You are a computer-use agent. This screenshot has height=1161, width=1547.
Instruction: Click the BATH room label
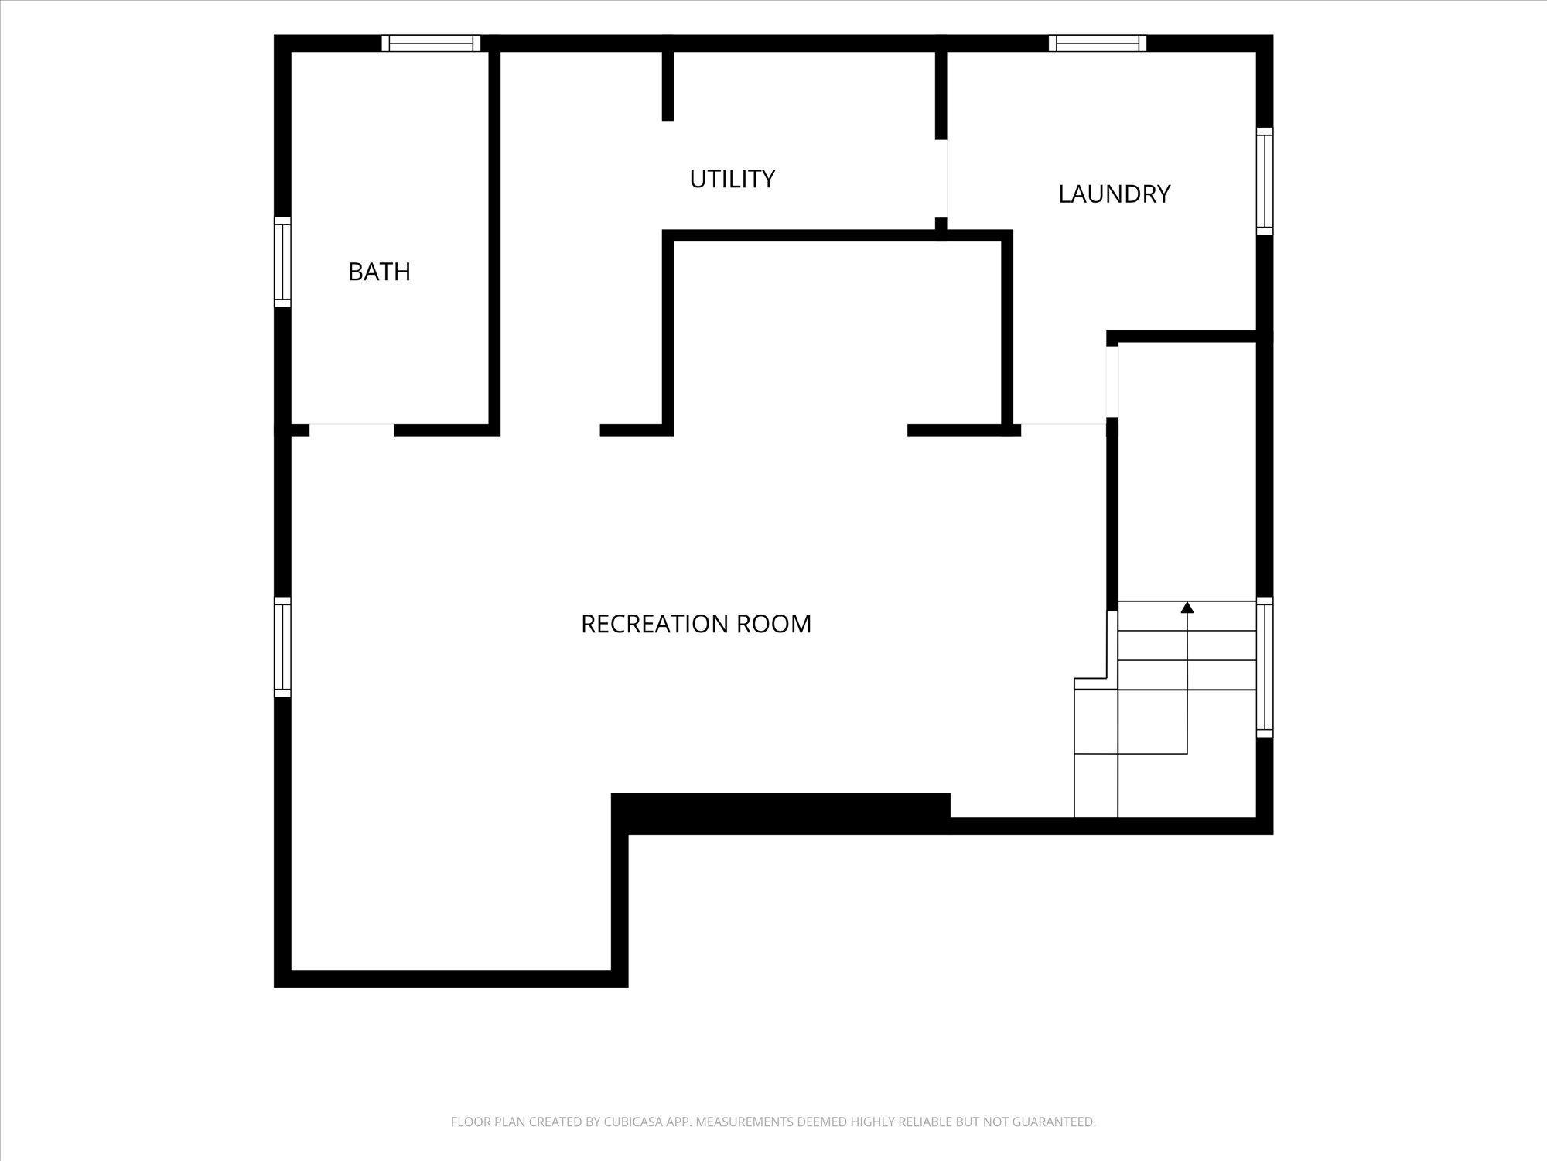point(379,272)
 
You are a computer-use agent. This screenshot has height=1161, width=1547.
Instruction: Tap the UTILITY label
point(732,179)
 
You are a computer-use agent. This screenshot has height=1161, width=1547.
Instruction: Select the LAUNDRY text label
point(1114,193)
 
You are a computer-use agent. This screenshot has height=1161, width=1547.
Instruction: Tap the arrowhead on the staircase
point(1187,607)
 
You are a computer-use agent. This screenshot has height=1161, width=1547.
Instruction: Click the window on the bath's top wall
point(432,43)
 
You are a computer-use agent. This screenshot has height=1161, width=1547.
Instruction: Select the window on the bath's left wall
point(282,262)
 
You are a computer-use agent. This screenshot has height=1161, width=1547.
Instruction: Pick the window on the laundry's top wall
point(1098,43)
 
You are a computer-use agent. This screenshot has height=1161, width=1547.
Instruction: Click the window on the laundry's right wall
point(1265,181)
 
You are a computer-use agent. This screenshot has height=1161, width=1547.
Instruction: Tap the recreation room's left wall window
point(282,647)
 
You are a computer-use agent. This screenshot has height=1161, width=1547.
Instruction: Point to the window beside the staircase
point(1265,667)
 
